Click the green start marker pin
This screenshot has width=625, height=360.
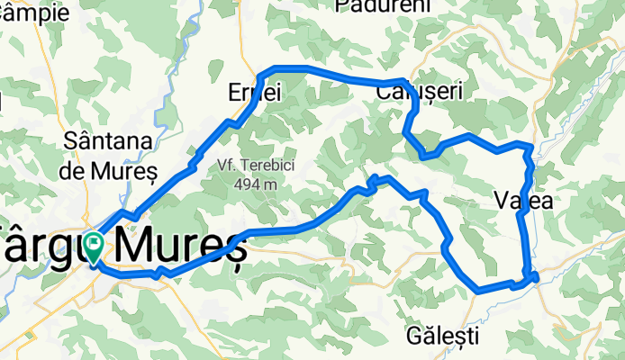(x=94, y=244)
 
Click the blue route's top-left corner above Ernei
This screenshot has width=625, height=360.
(x=262, y=71)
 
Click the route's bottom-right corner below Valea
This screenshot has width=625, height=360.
(x=534, y=277)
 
